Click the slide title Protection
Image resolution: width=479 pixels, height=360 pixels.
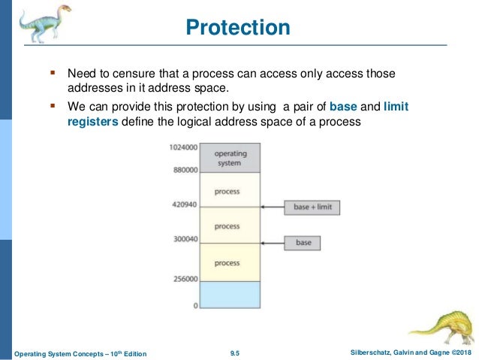coord(238,28)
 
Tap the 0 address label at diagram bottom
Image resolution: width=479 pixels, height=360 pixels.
coord(195,306)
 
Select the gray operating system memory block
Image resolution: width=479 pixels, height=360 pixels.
coord(230,158)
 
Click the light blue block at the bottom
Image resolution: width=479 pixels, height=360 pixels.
coord(230,294)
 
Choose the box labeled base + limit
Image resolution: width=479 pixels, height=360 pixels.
coord(313,206)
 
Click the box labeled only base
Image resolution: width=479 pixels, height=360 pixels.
coord(303,243)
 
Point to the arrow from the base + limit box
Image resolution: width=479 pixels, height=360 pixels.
coord(272,206)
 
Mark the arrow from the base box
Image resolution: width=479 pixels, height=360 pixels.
coord(272,243)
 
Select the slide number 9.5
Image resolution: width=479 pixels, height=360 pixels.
coord(238,352)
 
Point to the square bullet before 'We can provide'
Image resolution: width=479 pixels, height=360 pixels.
coord(53,105)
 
